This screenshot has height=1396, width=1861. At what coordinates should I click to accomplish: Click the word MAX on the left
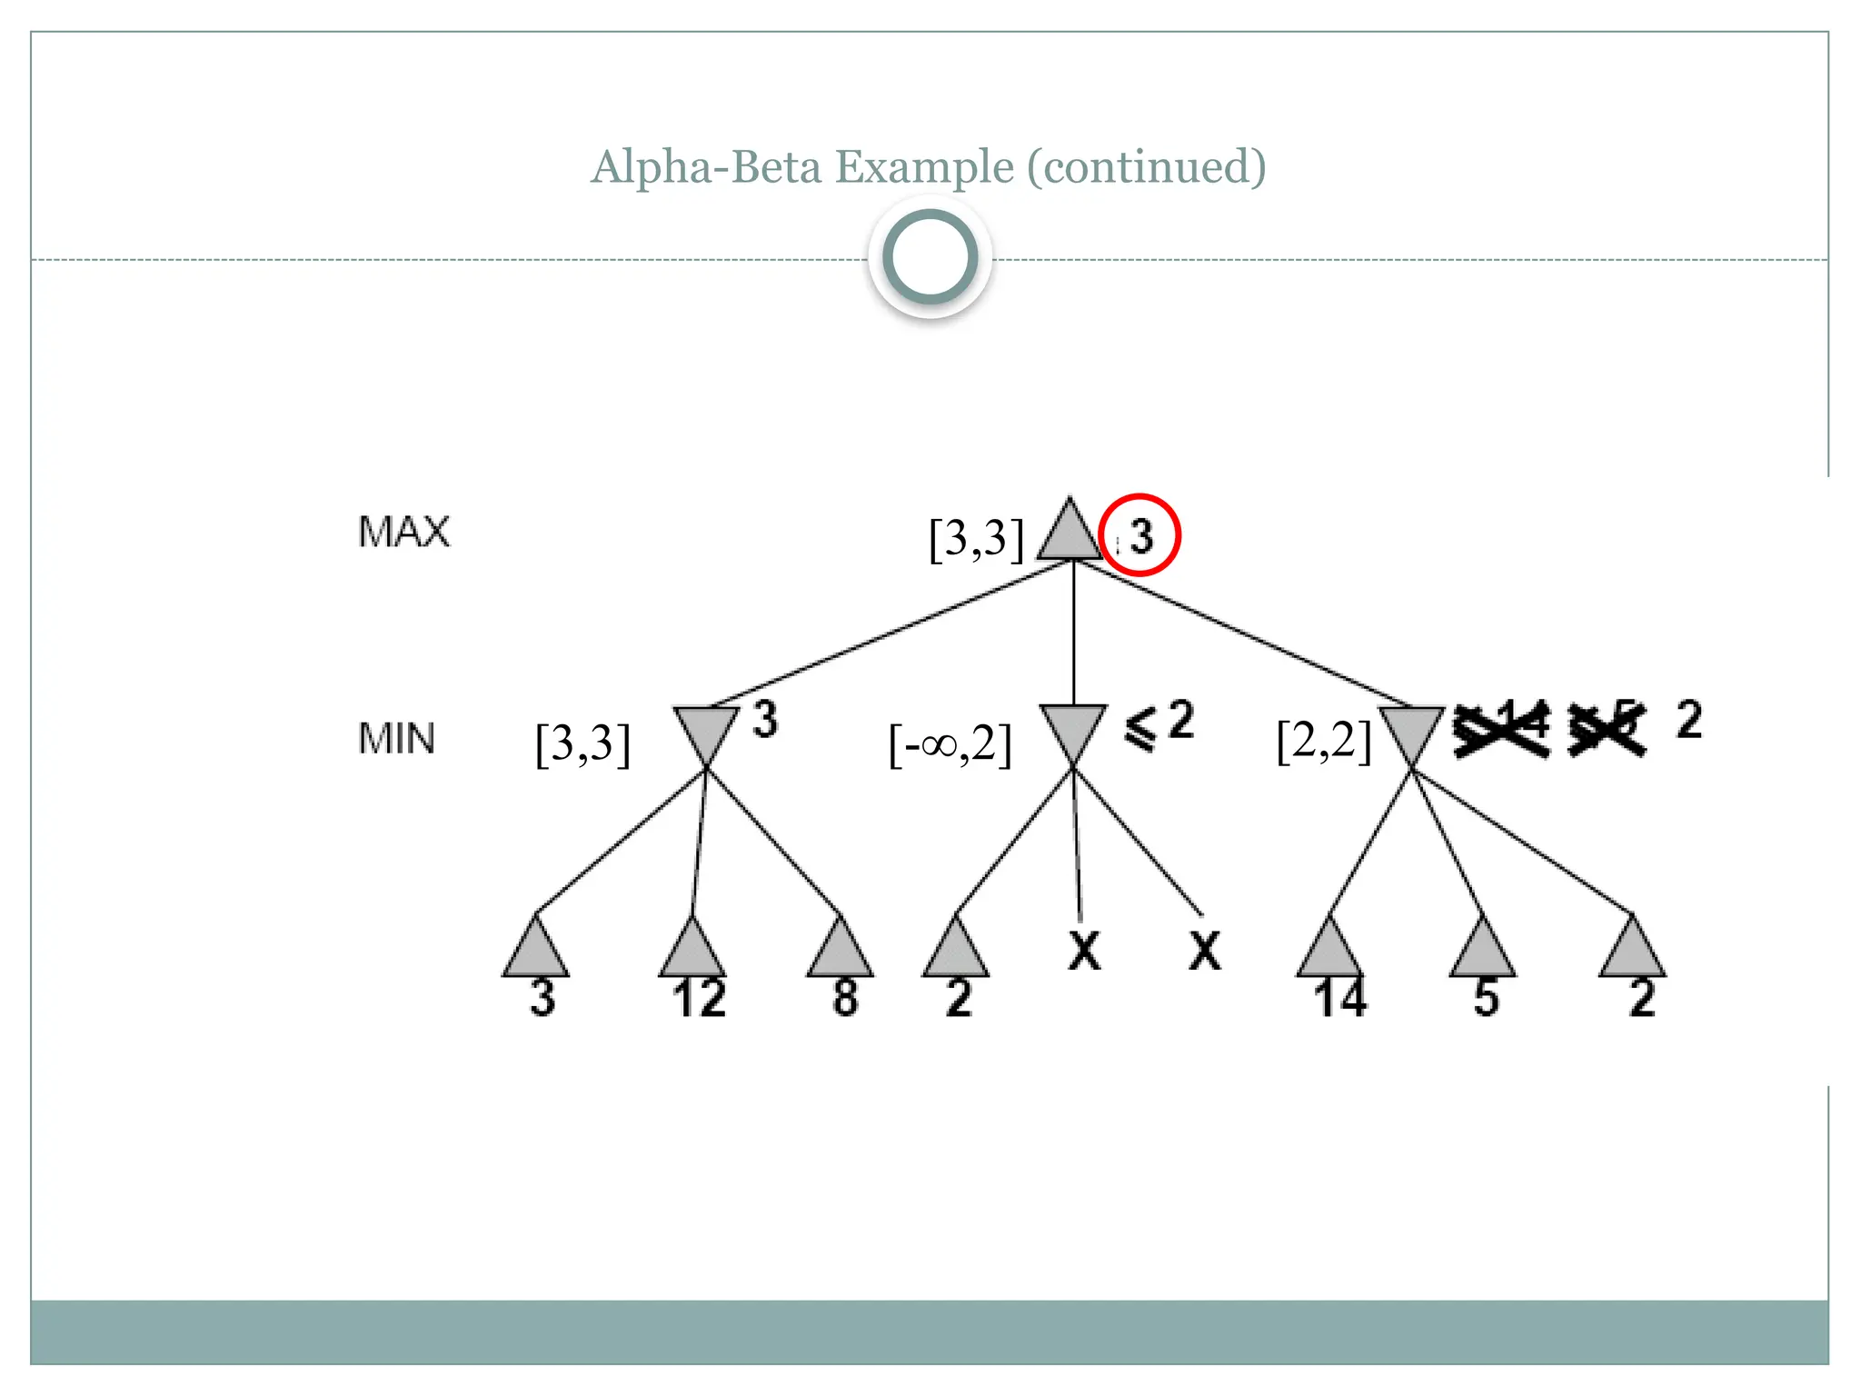click(403, 532)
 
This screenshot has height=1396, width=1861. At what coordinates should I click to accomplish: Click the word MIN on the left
click(396, 738)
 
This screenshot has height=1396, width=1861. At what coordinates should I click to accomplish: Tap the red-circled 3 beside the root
click(1140, 535)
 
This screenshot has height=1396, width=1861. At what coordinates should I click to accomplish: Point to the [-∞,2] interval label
click(950, 745)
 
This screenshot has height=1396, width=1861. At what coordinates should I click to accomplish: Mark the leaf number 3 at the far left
click(542, 998)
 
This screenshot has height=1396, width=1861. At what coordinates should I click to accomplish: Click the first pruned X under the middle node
click(1084, 951)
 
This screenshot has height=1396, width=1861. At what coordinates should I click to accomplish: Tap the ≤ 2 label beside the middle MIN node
click(1159, 724)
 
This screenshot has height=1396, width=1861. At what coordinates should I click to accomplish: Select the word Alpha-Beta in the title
click(706, 167)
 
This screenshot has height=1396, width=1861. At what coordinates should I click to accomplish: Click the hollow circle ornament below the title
click(930, 257)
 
